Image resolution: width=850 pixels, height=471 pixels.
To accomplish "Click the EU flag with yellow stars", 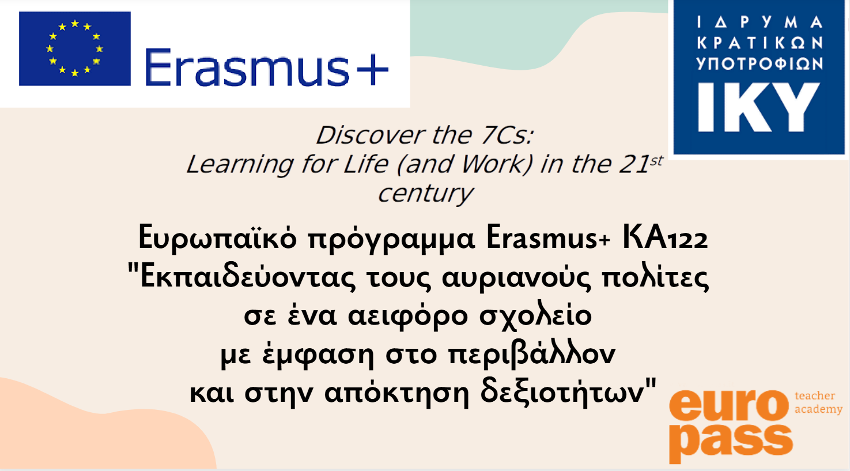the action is click(75, 48).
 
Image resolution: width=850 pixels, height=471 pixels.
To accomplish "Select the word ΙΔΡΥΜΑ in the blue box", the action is click(760, 22).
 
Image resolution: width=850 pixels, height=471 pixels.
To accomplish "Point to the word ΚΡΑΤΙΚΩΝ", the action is click(760, 43).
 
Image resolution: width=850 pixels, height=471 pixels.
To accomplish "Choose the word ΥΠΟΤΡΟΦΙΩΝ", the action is click(760, 63).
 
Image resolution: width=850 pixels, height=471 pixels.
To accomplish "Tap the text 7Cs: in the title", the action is click(507, 135).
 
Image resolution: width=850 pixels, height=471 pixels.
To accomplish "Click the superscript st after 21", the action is click(656, 161).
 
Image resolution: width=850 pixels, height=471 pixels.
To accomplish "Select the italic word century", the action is click(425, 194).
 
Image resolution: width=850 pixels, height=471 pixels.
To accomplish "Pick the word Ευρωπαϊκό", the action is click(217, 237).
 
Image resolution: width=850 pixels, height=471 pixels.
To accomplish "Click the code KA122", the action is click(665, 237).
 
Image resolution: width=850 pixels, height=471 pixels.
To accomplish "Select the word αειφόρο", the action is click(407, 316).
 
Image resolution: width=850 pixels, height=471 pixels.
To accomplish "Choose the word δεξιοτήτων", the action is click(562, 394).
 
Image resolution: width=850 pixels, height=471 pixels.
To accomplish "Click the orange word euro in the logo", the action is click(729, 405).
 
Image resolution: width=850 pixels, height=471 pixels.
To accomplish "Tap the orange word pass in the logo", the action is click(731, 442).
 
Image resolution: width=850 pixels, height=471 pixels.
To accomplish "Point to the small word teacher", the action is click(815, 395).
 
